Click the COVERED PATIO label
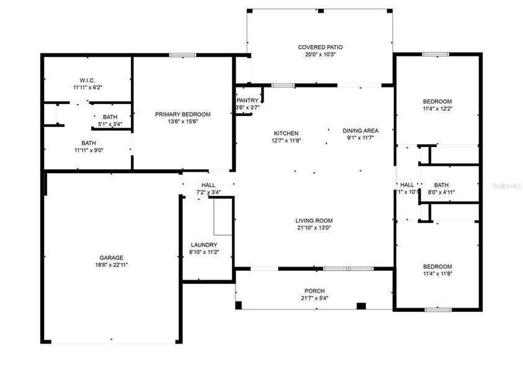point(320,47)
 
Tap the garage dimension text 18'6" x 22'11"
point(112,265)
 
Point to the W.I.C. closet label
point(86,80)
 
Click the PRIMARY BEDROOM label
point(182,114)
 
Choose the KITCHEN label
point(286,133)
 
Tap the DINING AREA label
point(360,131)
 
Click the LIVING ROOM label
point(314,220)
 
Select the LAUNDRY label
point(203,245)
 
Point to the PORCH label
point(314,291)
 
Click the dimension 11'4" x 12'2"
point(437,108)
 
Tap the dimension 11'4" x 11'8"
point(437,273)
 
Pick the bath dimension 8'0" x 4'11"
point(441,192)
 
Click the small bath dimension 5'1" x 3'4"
point(110,124)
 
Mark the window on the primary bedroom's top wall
point(179,55)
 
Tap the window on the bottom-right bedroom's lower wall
point(438,309)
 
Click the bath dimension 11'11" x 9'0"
point(88,149)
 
